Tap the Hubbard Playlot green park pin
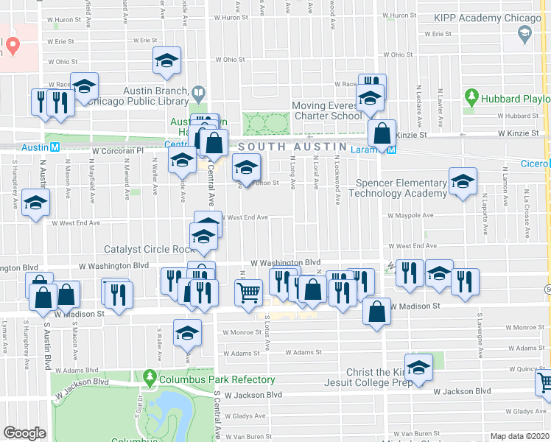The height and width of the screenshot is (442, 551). pos(472,97)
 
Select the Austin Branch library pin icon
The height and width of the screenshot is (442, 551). pos(198,94)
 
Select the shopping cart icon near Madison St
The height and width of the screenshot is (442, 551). pos(248,292)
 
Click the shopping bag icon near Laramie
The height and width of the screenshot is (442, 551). pos(382,133)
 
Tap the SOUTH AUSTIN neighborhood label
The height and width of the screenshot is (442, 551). pos(283,147)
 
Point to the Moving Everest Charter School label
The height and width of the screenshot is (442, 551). pos(327,111)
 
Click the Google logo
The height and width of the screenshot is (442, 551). pos(24,433)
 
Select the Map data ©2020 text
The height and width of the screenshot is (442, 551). pos(519,436)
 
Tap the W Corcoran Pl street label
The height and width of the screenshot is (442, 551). pos(117,150)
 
